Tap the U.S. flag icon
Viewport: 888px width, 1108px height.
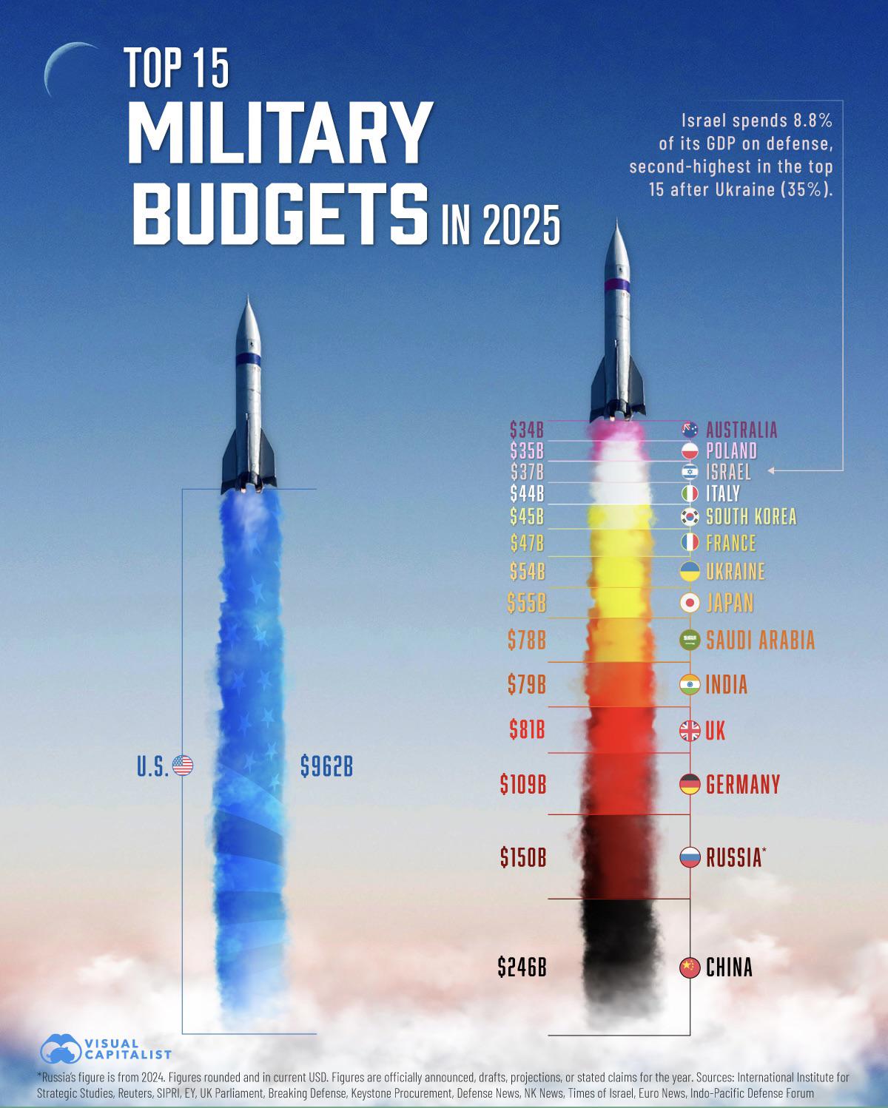182,766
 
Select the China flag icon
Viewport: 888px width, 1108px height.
690,967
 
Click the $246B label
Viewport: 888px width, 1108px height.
522,967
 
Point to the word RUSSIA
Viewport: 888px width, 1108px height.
733,858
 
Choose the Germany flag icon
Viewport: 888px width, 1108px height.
690,784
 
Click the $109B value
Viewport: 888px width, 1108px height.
522,783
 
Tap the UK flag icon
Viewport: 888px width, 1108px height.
690,732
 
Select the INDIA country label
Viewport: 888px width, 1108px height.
727,685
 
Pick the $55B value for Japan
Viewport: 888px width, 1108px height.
526,604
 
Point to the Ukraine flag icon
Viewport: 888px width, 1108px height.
690,572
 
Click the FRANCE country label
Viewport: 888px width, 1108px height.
731,544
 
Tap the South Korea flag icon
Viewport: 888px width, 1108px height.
690,517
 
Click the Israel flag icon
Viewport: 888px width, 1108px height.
690,472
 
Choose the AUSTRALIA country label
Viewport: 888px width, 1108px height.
741,430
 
